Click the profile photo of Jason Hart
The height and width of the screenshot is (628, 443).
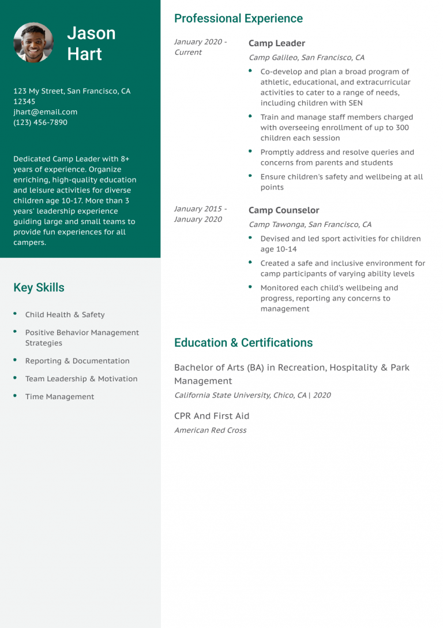coord(33,43)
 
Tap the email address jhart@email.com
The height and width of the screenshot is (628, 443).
coord(45,112)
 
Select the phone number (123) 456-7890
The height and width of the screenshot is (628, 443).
coord(40,122)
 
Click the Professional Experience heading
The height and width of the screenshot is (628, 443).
coord(238,18)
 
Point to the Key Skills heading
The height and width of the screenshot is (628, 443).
coord(39,288)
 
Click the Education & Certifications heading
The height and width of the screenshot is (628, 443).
coord(243,343)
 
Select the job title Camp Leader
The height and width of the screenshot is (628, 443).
coord(277,43)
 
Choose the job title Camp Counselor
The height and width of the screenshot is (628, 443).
coord(284,210)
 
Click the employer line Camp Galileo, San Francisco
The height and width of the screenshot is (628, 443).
coord(306,58)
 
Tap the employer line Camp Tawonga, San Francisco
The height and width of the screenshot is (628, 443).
coord(310,225)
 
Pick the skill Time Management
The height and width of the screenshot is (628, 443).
coord(59,397)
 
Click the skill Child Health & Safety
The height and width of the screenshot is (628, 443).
coord(65,315)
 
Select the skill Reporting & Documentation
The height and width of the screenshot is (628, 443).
coord(77,361)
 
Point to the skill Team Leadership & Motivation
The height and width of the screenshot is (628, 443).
coord(81,379)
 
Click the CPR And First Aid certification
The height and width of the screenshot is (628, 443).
coord(212,416)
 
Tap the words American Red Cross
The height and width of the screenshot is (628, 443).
coord(210,430)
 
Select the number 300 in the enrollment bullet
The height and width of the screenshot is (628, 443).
coord(402,128)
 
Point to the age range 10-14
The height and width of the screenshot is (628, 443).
coord(287,250)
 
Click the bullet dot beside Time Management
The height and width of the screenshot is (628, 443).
coord(14,396)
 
